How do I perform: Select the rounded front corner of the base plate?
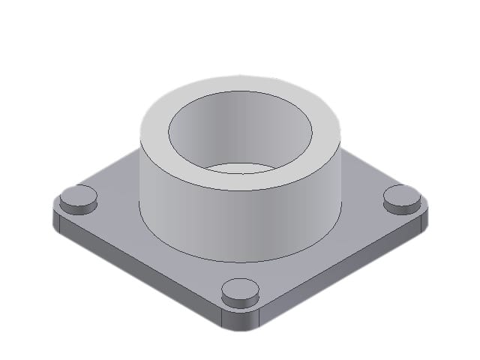click(240, 323)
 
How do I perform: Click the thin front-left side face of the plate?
click(142, 274)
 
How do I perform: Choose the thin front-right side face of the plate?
click(337, 274)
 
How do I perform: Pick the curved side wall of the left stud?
click(78, 207)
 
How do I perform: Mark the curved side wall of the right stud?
click(402, 205)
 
